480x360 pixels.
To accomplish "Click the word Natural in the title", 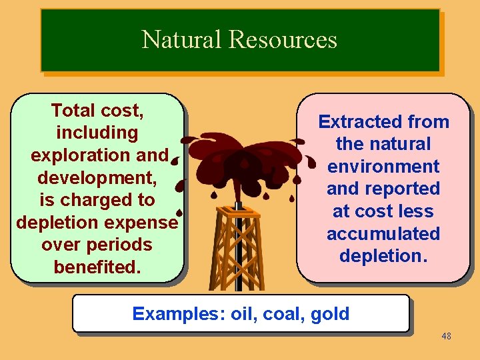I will point(182,40).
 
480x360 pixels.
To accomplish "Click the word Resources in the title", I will point(283,40).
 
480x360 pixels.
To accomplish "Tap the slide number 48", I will point(446,336).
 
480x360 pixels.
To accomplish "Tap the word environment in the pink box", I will point(383,167).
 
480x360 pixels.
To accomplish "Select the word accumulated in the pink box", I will point(383,234).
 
